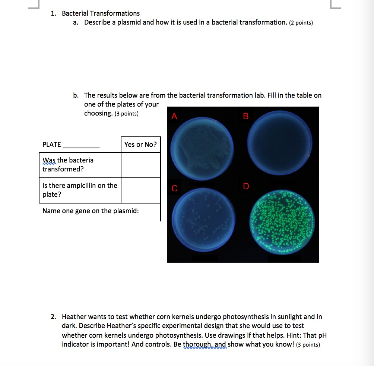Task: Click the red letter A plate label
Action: tap(174, 116)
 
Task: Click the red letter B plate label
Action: tap(245, 116)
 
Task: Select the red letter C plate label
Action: tap(174, 189)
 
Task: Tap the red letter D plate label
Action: tap(246, 186)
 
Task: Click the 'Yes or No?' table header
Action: tap(140, 145)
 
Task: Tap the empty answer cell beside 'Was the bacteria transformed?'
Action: tap(140, 165)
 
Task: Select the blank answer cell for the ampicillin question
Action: tap(140, 190)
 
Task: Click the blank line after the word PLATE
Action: tap(81, 145)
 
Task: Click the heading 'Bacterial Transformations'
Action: tap(101, 14)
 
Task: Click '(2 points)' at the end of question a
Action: tap(301, 23)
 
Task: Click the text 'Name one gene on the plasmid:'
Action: tap(91, 211)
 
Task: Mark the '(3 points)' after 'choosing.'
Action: tap(126, 114)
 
